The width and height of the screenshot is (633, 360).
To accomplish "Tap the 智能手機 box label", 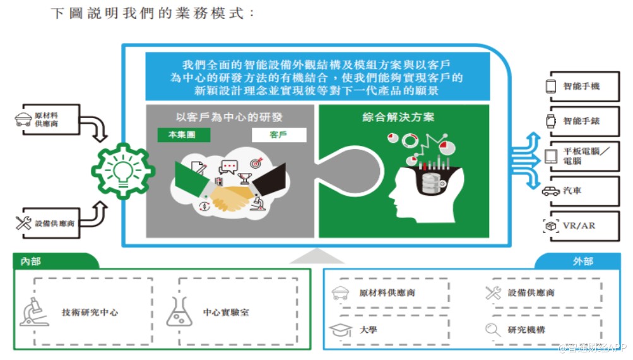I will pyautogui.click(x=581, y=86).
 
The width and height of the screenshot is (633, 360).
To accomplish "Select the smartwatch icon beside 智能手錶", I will pyautogui.click(x=550, y=121).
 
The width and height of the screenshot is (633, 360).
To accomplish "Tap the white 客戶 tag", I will pyautogui.click(x=278, y=135).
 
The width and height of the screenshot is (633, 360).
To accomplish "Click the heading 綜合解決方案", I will pyautogui.click(x=398, y=117).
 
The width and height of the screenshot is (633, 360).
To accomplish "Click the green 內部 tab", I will pyautogui.click(x=32, y=261).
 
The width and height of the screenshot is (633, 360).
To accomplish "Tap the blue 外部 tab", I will pyautogui.click(x=583, y=261).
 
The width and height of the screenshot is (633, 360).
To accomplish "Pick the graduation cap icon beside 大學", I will pyautogui.click(x=341, y=330).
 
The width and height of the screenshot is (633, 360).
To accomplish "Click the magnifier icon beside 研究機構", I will pyautogui.click(x=493, y=330).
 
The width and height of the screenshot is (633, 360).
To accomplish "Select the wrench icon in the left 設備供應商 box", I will pyautogui.click(x=24, y=223).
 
